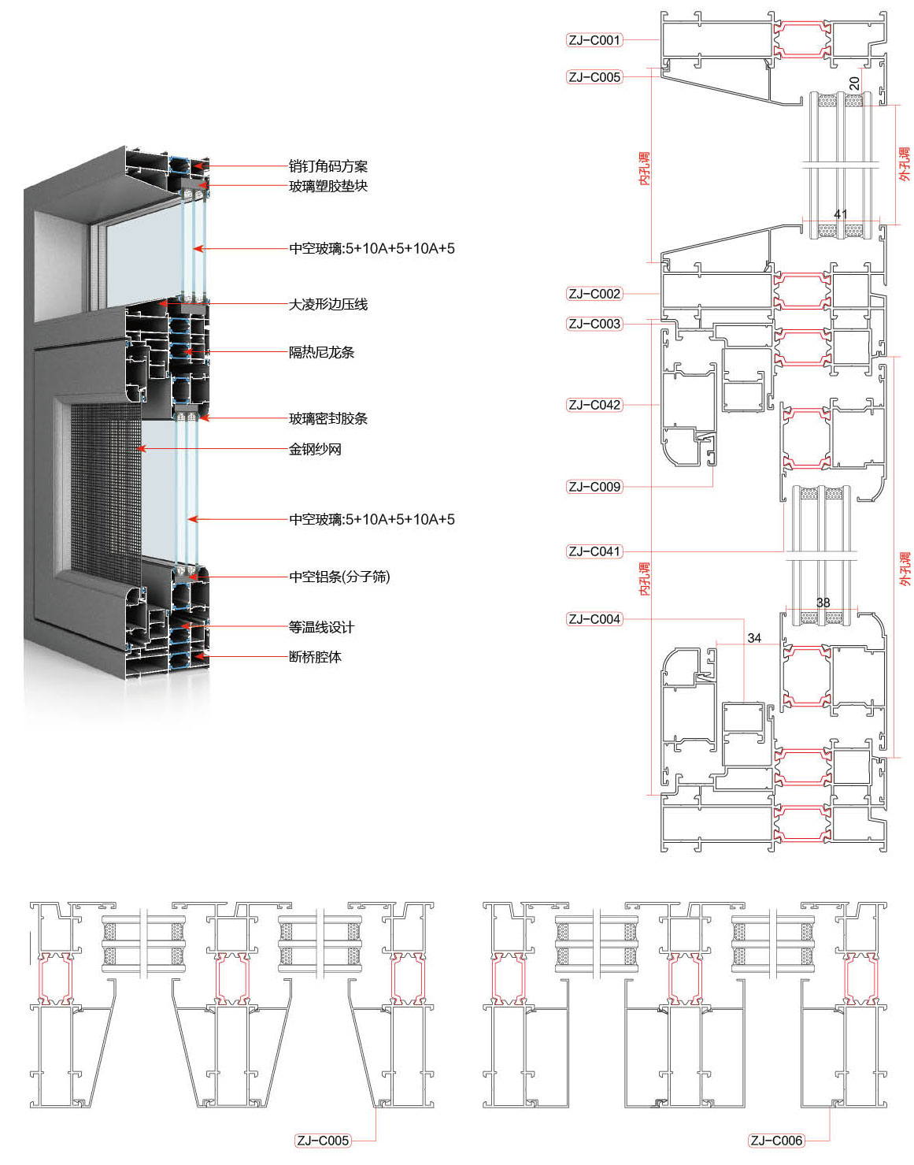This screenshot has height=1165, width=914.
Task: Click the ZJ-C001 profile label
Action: (594, 40)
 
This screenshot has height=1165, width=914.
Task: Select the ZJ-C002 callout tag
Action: (594, 294)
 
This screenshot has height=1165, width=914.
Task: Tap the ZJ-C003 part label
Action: (594, 324)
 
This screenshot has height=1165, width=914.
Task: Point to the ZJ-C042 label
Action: (594, 405)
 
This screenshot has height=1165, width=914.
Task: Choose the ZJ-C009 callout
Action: (594, 487)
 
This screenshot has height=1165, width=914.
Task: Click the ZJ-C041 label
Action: (594, 551)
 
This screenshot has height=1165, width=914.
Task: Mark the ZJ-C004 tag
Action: (594, 619)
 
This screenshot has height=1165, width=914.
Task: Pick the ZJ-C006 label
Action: (776, 1141)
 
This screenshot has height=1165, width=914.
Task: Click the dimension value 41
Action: (841, 214)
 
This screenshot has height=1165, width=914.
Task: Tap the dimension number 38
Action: (823, 603)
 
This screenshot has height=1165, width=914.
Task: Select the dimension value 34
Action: (754, 638)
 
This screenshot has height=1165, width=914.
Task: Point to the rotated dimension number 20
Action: (855, 83)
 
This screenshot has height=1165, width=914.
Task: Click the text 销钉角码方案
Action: (328, 166)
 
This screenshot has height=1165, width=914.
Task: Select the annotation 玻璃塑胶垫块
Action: (328, 186)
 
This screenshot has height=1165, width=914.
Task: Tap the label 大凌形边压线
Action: (328, 304)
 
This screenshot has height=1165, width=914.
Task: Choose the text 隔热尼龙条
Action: (321, 352)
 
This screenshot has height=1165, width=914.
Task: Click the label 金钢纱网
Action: (315, 449)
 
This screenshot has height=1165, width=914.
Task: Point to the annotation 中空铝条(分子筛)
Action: (339, 577)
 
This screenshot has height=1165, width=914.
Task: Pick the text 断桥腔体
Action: (315, 657)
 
